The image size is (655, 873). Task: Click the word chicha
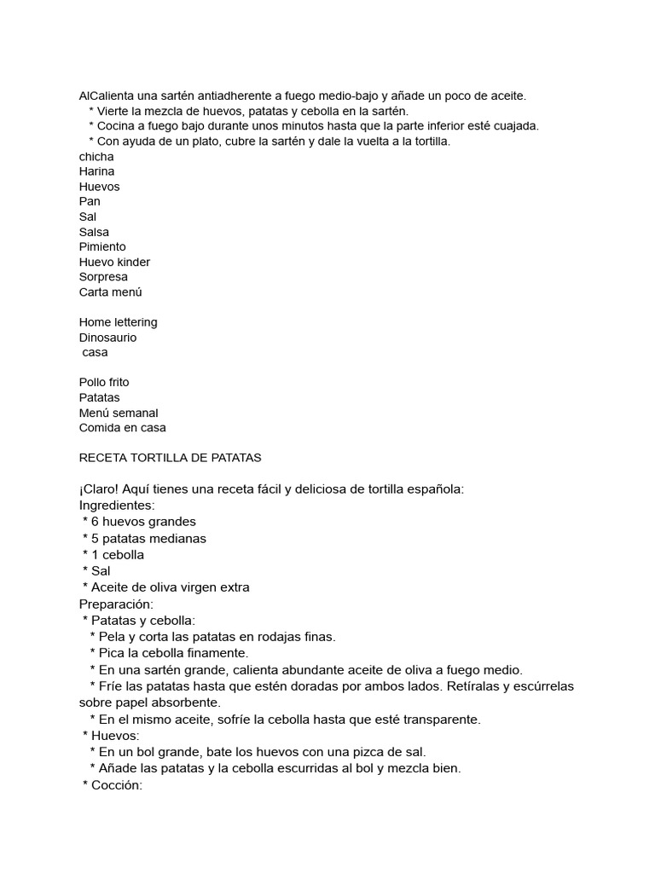96,156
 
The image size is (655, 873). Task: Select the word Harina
97,171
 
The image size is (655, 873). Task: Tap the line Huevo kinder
114,262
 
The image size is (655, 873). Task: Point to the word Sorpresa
103,277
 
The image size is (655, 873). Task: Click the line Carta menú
111,292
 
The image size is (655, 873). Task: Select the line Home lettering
119,322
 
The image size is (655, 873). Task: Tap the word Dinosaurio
107,338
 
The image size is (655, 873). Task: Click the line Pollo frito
104,382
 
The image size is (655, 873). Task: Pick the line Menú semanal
119,413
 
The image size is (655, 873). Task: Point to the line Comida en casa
123,428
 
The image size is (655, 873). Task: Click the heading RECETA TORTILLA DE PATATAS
171,458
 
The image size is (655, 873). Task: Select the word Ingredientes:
117,506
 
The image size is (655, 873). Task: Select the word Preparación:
116,604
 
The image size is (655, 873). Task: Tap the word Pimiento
102,246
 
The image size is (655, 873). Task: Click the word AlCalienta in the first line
107,96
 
